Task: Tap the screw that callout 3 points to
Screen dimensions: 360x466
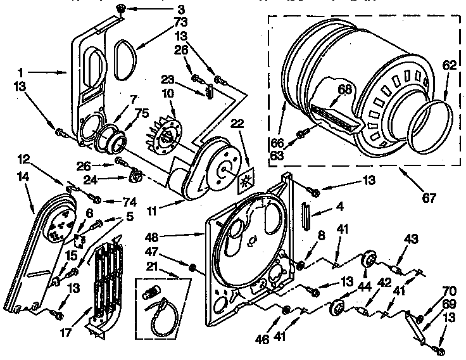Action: pos(120,8)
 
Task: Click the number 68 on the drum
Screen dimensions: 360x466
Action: pos(343,89)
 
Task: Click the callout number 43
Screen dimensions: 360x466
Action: pos(411,239)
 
